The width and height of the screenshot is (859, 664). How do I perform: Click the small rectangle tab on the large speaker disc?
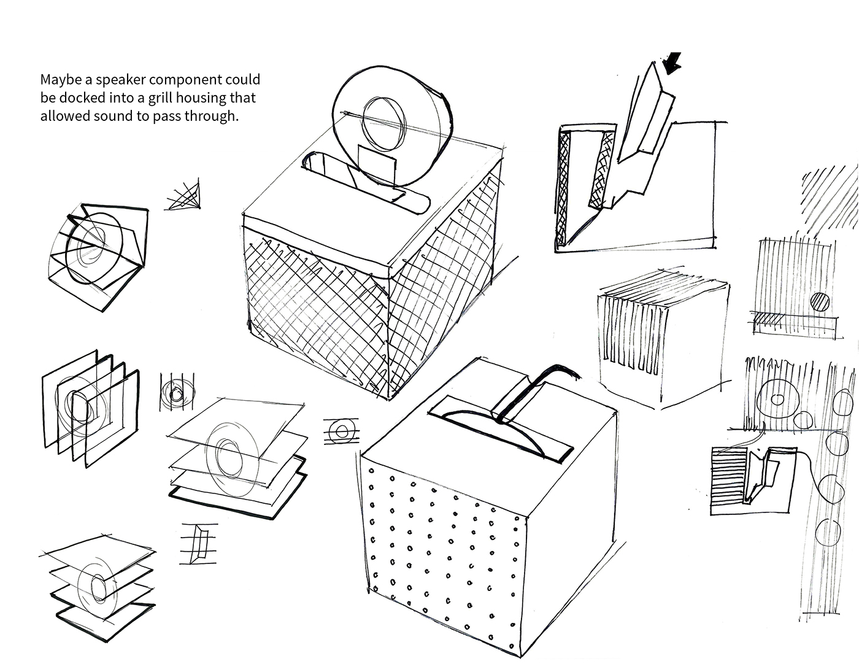click(376, 165)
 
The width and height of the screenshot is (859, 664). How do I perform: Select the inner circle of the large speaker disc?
click(384, 123)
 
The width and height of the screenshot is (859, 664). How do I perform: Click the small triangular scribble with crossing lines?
click(184, 195)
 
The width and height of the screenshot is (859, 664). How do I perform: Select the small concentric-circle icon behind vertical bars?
click(177, 392)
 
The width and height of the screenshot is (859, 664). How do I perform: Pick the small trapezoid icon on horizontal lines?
click(199, 544)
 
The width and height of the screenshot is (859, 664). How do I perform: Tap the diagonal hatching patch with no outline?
click(828, 200)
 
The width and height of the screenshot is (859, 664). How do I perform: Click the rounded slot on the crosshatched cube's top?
click(366, 183)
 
